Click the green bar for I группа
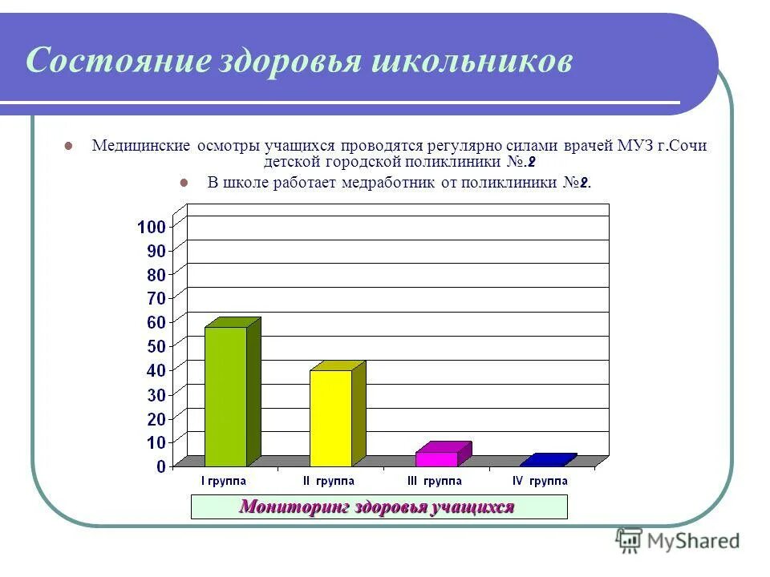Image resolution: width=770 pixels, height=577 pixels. point(226,396)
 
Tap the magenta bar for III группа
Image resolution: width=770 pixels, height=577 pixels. point(436,458)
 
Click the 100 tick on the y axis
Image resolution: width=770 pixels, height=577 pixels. point(152,227)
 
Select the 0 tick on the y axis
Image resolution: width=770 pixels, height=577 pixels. point(161,466)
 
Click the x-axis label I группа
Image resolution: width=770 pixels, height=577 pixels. point(223,481)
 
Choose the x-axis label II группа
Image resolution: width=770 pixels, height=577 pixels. point(330,481)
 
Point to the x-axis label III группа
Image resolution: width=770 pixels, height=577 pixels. point(434,481)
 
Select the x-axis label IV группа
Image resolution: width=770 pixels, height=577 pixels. point(540,481)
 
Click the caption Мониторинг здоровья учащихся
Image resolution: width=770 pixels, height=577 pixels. point(377,507)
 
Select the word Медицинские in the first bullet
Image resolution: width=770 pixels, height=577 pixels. point(140,146)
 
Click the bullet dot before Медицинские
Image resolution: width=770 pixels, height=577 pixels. point(68,147)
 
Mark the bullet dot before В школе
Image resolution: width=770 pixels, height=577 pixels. point(184,182)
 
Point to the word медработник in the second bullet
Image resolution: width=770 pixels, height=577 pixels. point(389,182)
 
